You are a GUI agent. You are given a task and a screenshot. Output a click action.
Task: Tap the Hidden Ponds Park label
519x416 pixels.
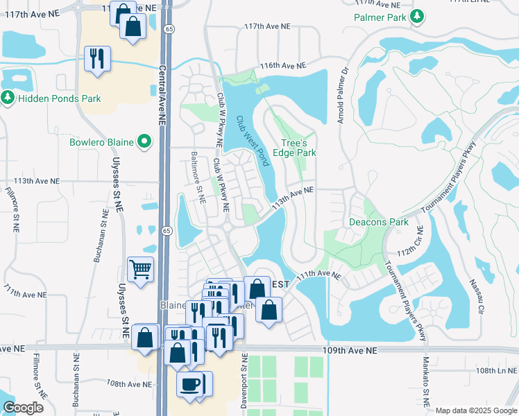point(60,98)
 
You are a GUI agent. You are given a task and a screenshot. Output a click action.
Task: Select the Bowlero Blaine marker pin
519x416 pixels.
point(144,142)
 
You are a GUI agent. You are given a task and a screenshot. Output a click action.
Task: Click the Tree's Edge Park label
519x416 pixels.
point(298,147)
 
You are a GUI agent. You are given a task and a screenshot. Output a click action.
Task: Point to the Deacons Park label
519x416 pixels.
point(378,222)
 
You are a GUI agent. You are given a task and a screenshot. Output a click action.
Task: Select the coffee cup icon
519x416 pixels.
point(189,383)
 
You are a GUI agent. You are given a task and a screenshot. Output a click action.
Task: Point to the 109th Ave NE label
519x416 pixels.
point(350,352)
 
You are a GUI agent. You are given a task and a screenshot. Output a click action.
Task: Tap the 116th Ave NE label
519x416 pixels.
point(283,66)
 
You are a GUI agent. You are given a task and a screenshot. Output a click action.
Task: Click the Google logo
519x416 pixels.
point(23,408)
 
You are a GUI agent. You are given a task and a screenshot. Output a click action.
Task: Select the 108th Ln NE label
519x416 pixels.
point(493,371)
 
